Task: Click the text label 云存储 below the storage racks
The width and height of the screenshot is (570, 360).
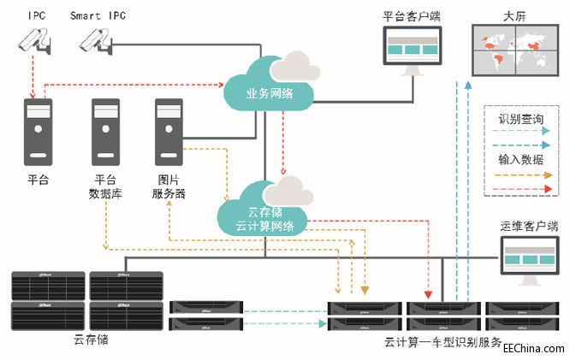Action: pyautogui.click(x=91, y=339)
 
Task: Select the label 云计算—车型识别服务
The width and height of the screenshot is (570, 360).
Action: pyautogui.click(x=443, y=342)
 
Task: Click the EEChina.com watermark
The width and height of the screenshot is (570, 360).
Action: pyautogui.click(x=533, y=349)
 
